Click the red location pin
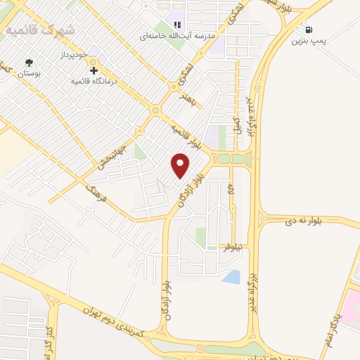click(181, 165)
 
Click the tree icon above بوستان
click(28, 62)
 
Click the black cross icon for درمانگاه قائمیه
click(94, 71)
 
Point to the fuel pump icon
click(309, 30)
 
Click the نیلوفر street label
click(233, 248)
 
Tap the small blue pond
click(231, 277)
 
